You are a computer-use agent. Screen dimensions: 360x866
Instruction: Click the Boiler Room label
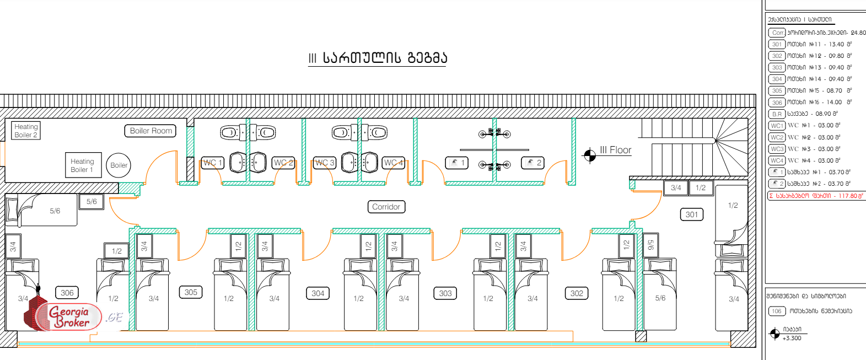coord(150,131)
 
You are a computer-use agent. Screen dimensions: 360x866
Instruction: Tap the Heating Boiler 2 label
coord(26,131)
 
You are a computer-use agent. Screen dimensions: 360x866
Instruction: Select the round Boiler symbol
coord(119,165)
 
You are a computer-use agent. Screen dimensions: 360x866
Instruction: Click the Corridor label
coord(386,207)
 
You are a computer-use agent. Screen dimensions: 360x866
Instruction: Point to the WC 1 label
coord(212,163)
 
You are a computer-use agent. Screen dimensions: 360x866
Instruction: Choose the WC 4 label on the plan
coord(393,163)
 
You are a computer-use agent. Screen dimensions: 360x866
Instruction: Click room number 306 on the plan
coord(67,293)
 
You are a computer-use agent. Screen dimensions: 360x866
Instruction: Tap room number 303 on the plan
coord(445,293)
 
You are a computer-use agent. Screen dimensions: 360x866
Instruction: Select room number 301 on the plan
coord(692,214)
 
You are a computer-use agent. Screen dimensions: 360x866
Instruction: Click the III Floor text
coord(615,150)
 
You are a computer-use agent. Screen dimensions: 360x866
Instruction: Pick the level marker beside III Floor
coord(590,155)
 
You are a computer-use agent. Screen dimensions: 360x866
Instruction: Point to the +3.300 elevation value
coord(792,338)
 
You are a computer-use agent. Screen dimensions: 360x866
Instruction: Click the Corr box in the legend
coord(777,33)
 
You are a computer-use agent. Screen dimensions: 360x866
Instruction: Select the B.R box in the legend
coord(777,114)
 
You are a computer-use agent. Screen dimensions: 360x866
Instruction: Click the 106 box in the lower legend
coord(777,311)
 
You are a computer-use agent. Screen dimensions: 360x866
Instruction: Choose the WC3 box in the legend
coord(777,149)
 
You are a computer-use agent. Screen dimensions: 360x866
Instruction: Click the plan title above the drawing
coord(378,58)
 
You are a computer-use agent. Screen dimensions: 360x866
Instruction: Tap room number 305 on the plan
coord(191,292)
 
